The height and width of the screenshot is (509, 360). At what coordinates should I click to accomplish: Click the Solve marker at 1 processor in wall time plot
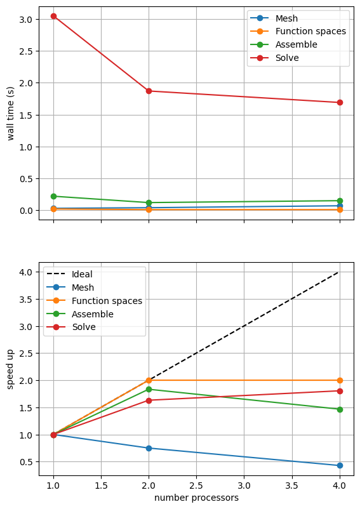coord(53,16)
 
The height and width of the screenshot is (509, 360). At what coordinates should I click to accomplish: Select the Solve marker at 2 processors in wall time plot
coord(149,91)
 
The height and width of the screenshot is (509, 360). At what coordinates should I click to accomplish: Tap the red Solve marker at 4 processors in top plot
coord(340,102)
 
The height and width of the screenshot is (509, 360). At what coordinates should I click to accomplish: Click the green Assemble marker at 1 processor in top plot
coord(53,196)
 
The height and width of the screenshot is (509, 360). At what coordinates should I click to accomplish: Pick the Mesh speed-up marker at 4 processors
coord(340,465)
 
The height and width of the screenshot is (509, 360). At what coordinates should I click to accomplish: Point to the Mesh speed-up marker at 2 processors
coord(149,448)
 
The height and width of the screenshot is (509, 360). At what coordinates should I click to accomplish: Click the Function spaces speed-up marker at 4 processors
coord(340,380)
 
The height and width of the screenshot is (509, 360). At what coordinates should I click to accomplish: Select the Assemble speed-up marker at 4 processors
coord(340,409)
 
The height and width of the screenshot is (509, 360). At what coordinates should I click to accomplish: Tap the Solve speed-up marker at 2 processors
coord(149,400)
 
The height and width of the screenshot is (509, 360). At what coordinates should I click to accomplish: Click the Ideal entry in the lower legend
coord(82,275)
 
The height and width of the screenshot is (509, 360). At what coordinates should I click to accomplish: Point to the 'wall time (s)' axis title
coord(11,113)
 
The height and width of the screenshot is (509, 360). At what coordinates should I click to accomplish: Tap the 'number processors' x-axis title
coord(196,498)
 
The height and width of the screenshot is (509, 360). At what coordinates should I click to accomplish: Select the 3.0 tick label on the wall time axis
coord(26,19)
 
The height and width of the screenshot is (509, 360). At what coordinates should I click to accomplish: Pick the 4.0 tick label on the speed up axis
coord(26,272)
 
